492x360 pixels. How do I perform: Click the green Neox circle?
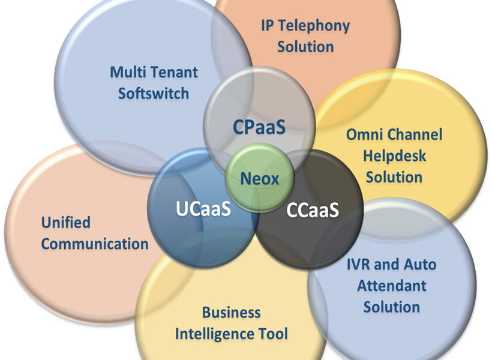click(260, 178)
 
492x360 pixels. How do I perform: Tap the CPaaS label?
click(259, 127)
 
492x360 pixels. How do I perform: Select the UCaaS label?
click(203, 208)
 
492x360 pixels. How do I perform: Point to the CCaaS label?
click(313, 209)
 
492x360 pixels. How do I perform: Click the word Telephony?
click(314, 26)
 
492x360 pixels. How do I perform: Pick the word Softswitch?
click(154, 94)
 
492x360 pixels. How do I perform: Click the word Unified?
click(66, 223)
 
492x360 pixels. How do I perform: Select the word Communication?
click(95, 244)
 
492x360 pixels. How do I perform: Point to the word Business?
click(231, 313)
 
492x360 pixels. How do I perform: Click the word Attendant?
click(392, 286)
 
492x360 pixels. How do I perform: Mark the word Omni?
click(364, 134)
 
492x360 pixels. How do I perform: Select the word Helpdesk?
click(394, 155)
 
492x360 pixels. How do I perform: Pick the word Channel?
click(415, 134)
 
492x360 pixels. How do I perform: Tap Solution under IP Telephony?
click(305, 47)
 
